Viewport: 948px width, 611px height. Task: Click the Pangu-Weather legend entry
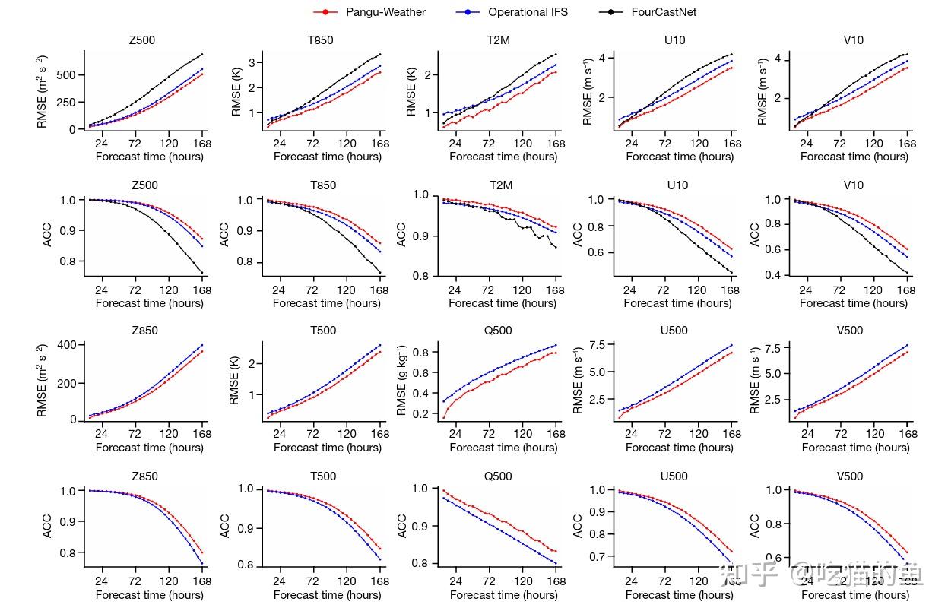(x=385, y=12)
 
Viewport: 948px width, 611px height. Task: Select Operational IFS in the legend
(x=527, y=12)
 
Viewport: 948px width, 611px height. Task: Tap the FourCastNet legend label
(x=663, y=12)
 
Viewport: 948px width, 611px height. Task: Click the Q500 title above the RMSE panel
(x=498, y=331)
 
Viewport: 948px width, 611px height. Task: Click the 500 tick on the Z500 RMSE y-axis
(x=67, y=74)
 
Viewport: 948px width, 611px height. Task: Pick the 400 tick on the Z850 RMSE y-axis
(x=67, y=346)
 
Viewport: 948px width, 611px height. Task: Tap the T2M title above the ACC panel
(x=499, y=185)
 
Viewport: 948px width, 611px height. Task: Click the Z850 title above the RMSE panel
(x=144, y=331)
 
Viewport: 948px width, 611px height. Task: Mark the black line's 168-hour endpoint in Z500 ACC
(x=202, y=272)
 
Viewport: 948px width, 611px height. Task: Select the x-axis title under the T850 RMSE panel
(x=327, y=157)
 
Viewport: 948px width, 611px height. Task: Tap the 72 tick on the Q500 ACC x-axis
(x=489, y=581)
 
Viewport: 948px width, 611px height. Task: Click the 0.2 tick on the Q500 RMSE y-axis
(x=423, y=414)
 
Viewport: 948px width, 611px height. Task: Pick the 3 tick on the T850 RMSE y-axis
(x=258, y=62)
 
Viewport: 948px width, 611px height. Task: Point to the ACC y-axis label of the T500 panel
(x=225, y=526)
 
